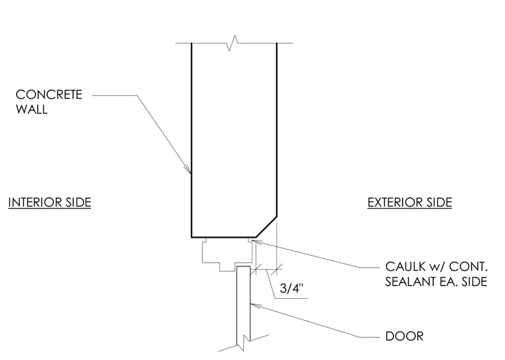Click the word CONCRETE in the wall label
(49, 95)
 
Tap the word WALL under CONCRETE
(32, 110)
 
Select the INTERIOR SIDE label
(50, 203)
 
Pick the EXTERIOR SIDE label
(410, 203)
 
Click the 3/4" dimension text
(292, 288)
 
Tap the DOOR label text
(404, 336)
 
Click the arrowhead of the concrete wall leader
(188, 169)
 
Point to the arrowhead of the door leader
(254, 305)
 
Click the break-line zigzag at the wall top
(233, 43)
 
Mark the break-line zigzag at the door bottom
(244, 343)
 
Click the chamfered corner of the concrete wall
(266, 227)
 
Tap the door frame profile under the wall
(227, 254)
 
